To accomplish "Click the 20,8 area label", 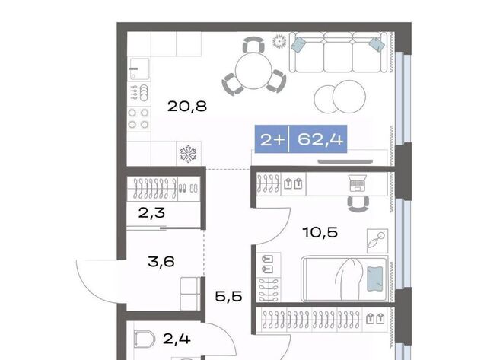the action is [x=187, y=107].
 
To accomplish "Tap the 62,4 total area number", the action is [x=320, y=139].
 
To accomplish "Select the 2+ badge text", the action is [x=272, y=140].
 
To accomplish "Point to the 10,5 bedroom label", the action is [x=320, y=232].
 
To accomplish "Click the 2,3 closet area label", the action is [x=151, y=213].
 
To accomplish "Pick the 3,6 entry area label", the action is [x=161, y=262].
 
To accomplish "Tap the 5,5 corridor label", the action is [x=228, y=296].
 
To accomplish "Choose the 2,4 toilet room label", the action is [x=177, y=339].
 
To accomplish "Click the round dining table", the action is [x=253, y=71].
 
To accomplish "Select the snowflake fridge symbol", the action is [x=188, y=154].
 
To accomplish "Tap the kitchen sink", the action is [x=139, y=69].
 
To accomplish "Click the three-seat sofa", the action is [x=338, y=53].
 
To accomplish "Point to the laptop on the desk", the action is [x=357, y=183].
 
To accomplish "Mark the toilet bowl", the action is [x=145, y=339].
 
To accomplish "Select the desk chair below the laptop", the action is [x=358, y=204].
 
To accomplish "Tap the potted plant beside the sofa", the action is [x=279, y=42].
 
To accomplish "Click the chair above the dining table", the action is [x=253, y=44].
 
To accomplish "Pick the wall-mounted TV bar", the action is [x=345, y=161].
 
